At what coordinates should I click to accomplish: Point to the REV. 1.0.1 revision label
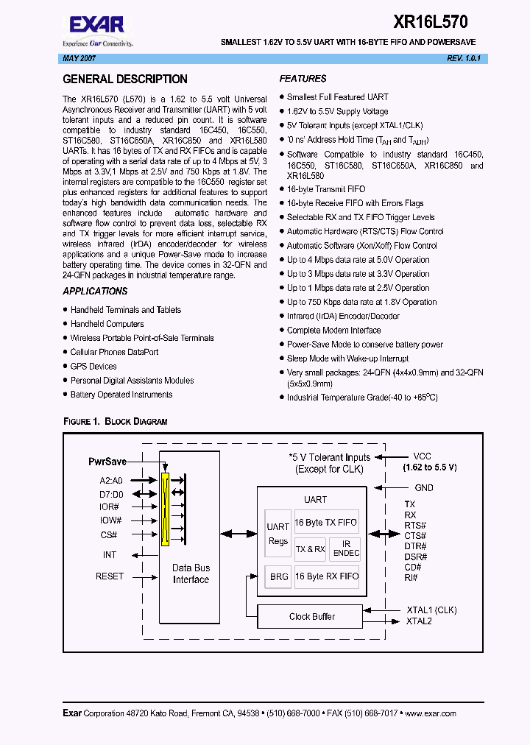click(x=462, y=57)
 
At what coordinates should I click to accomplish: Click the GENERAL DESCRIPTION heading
click(x=125, y=79)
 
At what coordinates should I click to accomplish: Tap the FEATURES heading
click(x=303, y=79)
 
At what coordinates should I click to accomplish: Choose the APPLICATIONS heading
click(x=95, y=292)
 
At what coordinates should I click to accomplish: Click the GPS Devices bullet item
click(x=93, y=366)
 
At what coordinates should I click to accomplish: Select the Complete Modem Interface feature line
click(x=333, y=331)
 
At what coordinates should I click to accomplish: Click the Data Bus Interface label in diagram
click(x=191, y=573)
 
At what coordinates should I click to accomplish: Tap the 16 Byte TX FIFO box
click(x=325, y=523)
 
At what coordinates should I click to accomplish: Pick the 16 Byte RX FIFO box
click(x=327, y=576)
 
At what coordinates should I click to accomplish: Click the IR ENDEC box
click(x=346, y=548)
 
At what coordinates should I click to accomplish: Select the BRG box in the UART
click(x=279, y=577)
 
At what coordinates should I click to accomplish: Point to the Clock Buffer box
click(x=312, y=616)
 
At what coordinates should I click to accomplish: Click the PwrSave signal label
click(x=107, y=461)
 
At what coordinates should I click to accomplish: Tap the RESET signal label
click(x=110, y=576)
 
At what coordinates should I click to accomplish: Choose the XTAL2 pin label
click(x=419, y=621)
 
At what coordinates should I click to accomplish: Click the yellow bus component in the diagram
click(x=166, y=508)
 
